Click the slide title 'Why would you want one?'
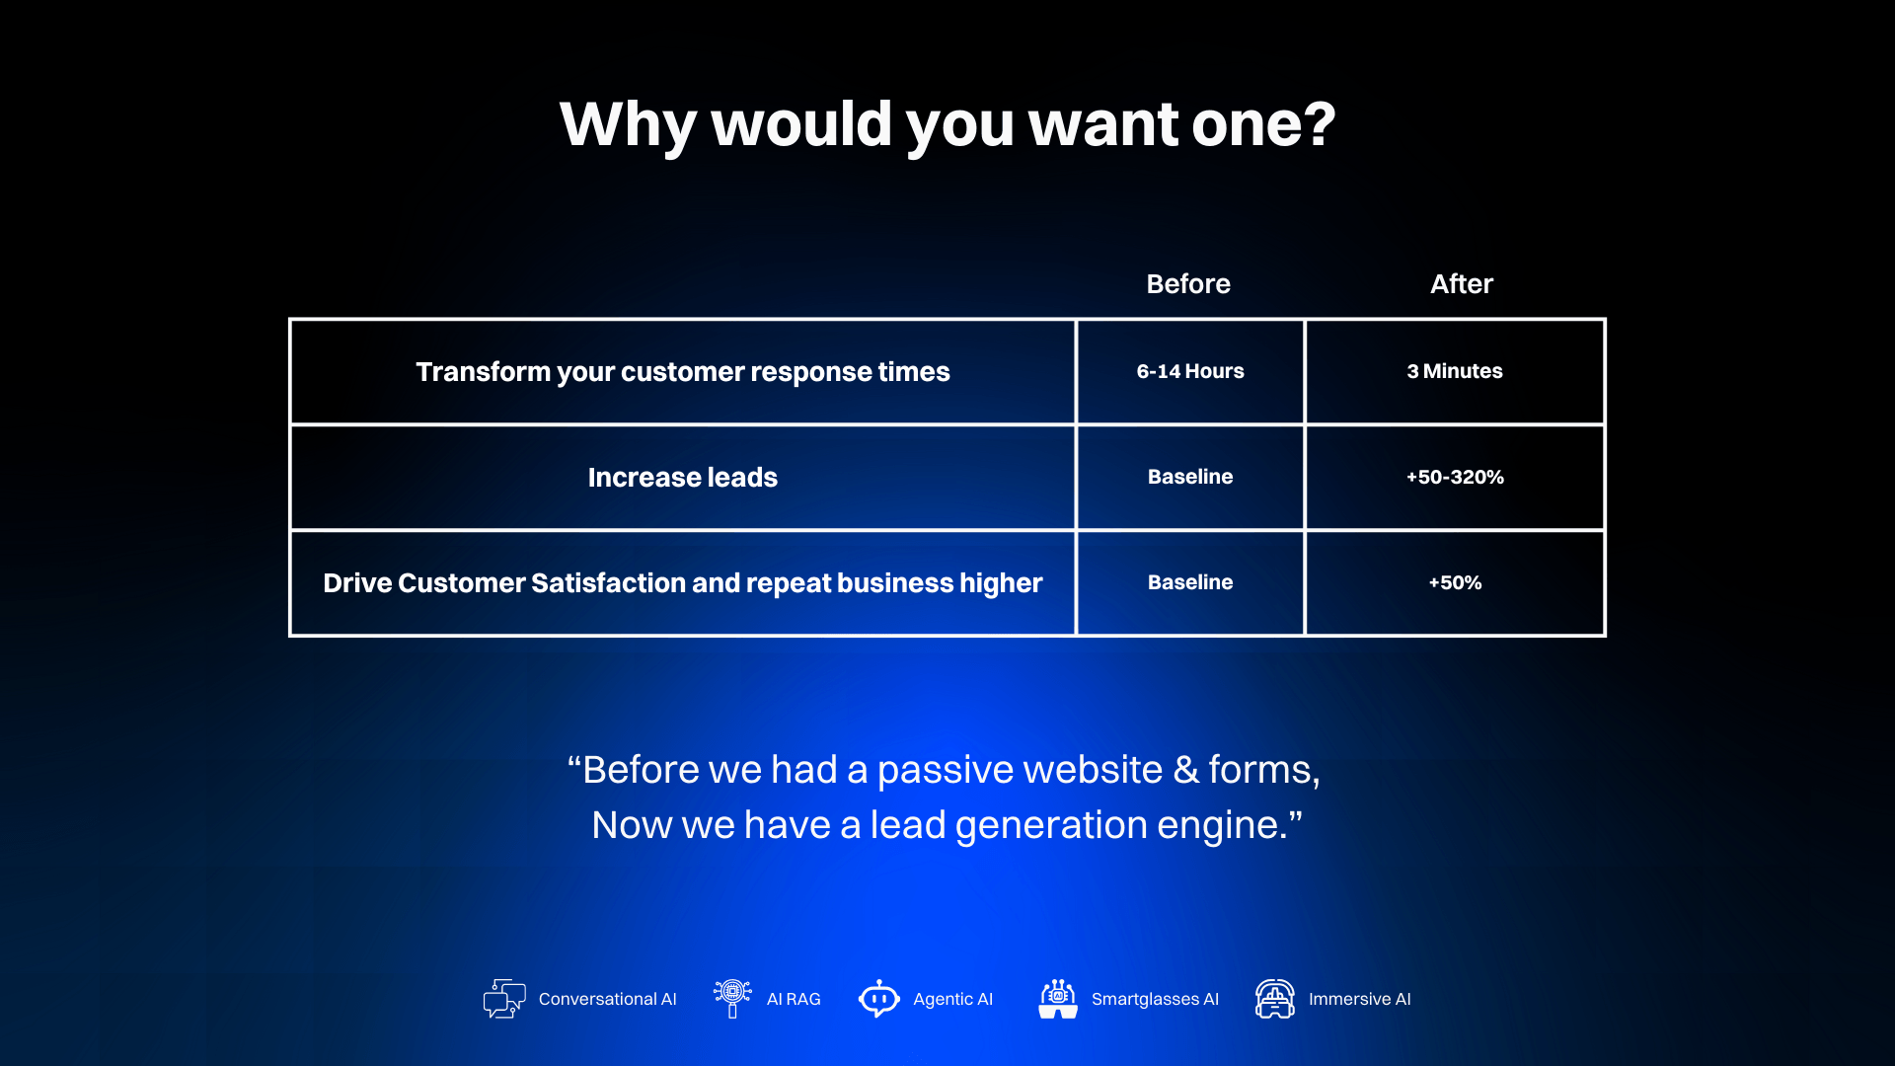(947, 125)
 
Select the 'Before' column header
(1188, 284)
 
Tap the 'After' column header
(1462, 284)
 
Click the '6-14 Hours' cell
(1190, 371)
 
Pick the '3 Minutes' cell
(1455, 371)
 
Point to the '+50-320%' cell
(1455, 477)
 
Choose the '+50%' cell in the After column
(1455, 582)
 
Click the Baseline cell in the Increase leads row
(1190, 477)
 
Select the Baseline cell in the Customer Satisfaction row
(1190, 582)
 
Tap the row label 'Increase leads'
(683, 478)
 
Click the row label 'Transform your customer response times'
(683, 372)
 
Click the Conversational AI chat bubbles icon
(504, 999)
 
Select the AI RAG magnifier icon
(732, 998)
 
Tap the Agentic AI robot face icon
(878, 999)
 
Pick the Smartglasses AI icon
(1058, 999)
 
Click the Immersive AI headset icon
(1275, 999)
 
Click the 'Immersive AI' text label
(1360, 999)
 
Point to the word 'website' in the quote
(1093, 770)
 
